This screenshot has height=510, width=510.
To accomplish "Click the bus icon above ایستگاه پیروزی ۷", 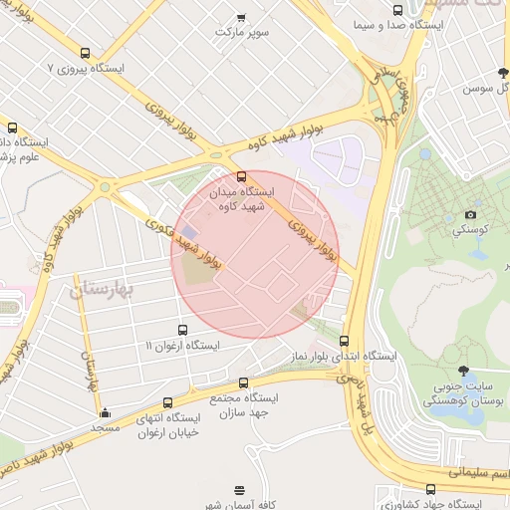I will coord(84,54).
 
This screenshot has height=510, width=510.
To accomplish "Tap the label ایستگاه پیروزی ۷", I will coord(86,70).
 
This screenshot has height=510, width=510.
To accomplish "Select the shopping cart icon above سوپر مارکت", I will coord(241,17).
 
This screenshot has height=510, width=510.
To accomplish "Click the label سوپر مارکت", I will coord(242,32).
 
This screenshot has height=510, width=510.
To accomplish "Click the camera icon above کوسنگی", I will coord(470,215).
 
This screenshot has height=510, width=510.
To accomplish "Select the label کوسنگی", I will coord(470,230).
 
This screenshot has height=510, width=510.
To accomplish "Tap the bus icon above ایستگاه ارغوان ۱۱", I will coord(181,330).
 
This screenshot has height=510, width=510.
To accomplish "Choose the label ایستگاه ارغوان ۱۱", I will coord(182,345).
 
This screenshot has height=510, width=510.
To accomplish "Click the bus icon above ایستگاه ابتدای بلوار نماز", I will coord(344,341).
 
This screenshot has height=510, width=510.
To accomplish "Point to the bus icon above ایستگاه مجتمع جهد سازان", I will coord(243,382).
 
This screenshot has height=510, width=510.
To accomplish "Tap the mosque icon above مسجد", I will coord(105,412).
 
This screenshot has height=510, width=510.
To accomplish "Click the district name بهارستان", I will coord(109,289).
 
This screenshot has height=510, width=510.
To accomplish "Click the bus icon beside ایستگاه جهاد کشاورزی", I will coord(430,489).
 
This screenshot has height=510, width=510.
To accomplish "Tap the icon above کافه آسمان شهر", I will coord(239,490).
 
